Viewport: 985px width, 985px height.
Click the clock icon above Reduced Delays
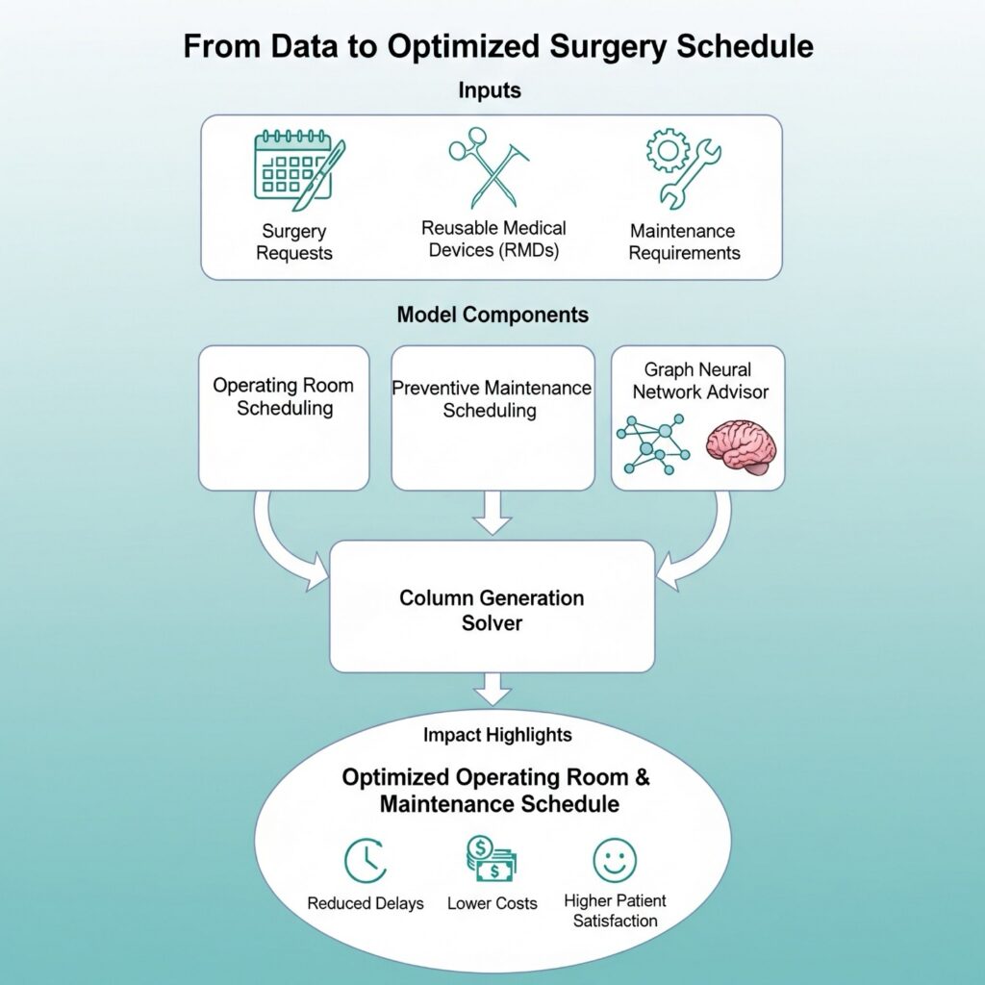click(x=366, y=860)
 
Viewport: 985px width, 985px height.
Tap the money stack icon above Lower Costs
click(x=492, y=859)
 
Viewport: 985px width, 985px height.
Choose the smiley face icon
click(x=615, y=859)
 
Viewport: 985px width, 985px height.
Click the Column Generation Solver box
click(x=492, y=606)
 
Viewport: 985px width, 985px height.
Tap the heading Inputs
click(x=491, y=91)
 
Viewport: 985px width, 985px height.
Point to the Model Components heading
click(x=492, y=315)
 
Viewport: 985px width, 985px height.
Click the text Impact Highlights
click(x=497, y=735)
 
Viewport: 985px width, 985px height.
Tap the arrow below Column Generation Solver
click(x=492, y=689)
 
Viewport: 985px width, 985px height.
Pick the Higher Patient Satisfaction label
click(x=615, y=911)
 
